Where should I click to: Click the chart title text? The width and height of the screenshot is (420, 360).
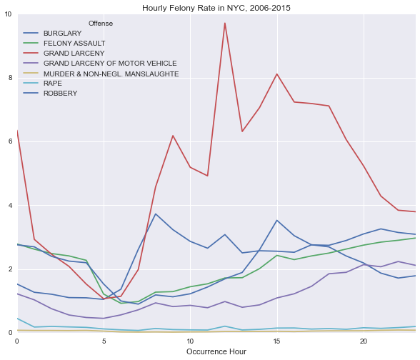216,8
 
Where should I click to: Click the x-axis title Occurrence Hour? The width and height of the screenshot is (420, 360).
216,351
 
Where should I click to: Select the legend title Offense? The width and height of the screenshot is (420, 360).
101,24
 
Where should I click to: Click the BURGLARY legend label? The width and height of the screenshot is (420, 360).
62,33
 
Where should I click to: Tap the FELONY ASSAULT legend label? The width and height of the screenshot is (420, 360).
74,43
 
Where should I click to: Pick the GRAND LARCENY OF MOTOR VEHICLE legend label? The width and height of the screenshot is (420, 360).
110,63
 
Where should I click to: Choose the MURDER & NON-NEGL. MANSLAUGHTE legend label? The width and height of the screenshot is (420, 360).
111,74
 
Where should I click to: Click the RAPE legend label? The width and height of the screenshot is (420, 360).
53,84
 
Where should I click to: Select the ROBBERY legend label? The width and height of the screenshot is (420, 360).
61,93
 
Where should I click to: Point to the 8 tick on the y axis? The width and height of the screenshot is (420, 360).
11,78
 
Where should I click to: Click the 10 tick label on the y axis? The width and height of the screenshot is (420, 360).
9,14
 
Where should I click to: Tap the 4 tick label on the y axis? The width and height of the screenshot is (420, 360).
11,205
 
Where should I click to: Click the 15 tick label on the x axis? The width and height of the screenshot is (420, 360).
276,341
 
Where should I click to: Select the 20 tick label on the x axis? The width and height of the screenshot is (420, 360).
364,341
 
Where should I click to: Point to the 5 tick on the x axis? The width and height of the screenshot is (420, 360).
104,341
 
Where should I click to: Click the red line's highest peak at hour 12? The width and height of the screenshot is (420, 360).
225,23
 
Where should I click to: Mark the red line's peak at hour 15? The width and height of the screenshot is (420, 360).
276,74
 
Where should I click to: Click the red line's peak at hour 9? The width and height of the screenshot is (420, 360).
173,136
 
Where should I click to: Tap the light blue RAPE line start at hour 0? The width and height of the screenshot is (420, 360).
17,319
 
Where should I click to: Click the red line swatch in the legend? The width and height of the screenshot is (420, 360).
31,54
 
